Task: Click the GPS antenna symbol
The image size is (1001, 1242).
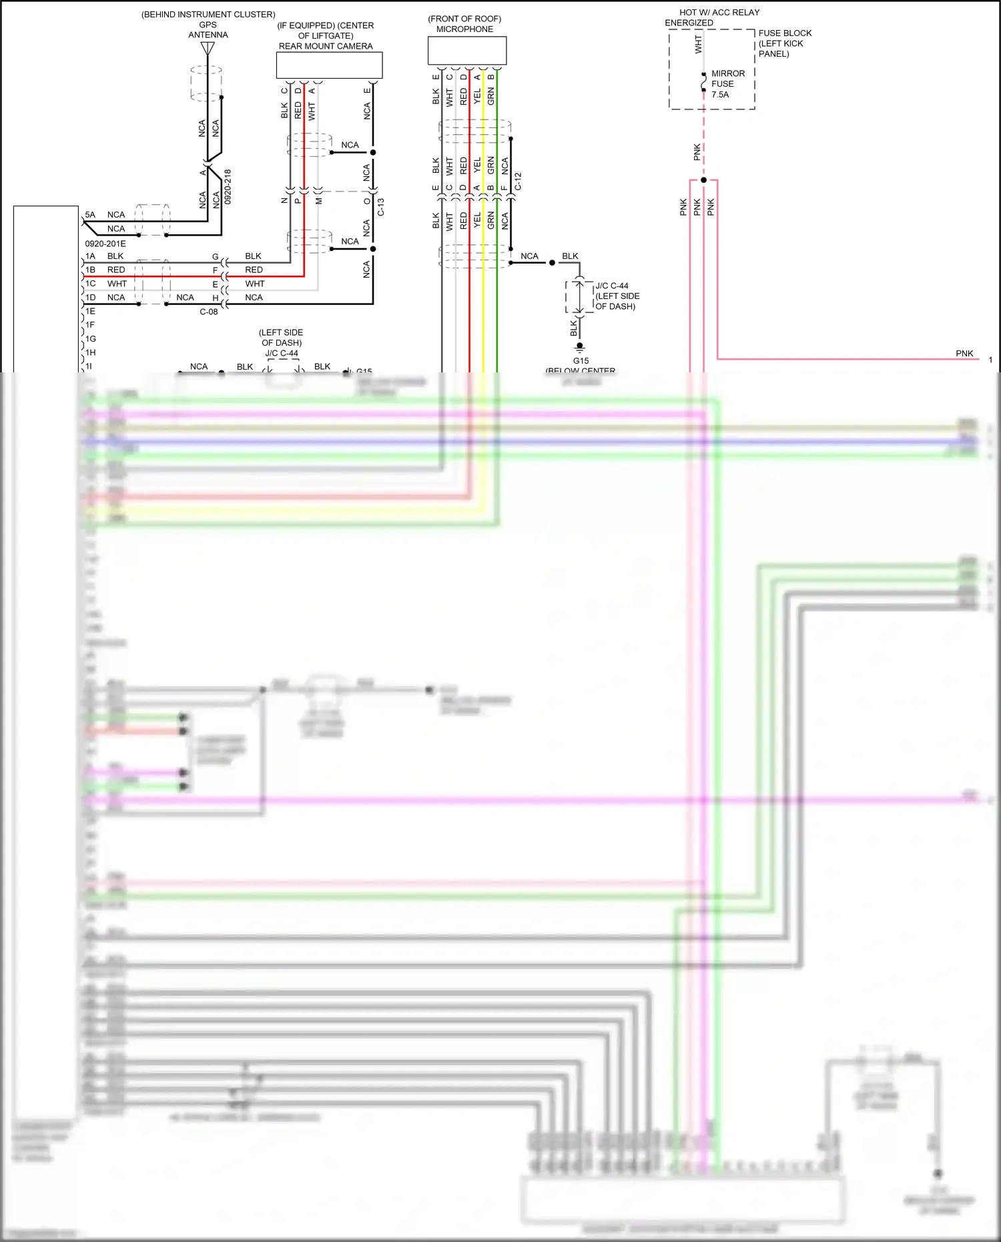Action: click(x=208, y=49)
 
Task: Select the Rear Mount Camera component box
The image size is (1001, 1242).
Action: click(x=329, y=65)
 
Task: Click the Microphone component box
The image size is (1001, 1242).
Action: click(x=466, y=51)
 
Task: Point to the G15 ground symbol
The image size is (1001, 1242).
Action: click(x=579, y=347)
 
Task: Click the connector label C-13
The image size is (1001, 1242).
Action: click(x=380, y=207)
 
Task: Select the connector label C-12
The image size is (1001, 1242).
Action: click(x=518, y=182)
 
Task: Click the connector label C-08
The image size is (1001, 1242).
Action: click(x=209, y=312)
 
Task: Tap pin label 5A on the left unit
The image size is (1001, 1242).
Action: click(x=90, y=215)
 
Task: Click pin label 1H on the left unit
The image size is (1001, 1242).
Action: click(x=90, y=352)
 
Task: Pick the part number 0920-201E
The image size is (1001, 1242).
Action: click(x=105, y=244)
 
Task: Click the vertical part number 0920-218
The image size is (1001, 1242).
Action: click(x=228, y=186)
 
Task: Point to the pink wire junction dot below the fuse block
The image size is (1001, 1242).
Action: click(x=703, y=180)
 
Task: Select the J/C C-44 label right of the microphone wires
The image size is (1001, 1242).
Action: click(x=612, y=286)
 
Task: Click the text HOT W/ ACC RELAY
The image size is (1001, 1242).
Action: click(x=719, y=13)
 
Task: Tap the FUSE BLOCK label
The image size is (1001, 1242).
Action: click(x=785, y=33)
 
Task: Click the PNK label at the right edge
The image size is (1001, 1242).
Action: click(x=964, y=354)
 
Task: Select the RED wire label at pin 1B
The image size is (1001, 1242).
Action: click(x=116, y=270)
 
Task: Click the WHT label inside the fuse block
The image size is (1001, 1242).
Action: click(x=698, y=45)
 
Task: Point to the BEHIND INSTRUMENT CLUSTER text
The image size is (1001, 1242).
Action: click(x=208, y=15)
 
